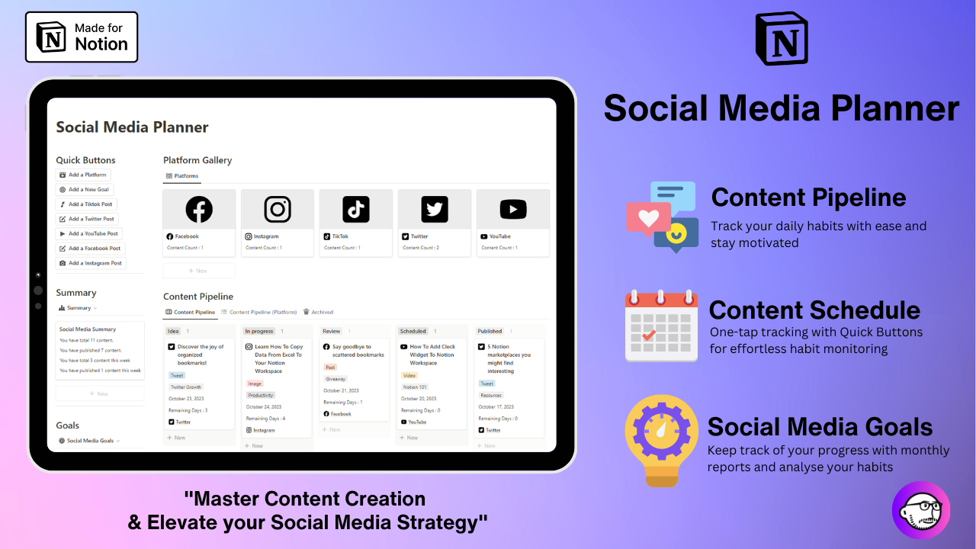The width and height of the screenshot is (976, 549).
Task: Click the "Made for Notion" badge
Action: point(82,37)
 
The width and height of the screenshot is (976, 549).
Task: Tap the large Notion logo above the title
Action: point(781,39)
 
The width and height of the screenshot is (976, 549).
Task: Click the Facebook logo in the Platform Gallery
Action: point(199,209)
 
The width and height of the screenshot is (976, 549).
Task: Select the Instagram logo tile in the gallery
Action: point(278,209)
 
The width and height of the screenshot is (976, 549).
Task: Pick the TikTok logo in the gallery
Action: point(356,209)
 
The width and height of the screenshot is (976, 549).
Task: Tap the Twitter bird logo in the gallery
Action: point(435,209)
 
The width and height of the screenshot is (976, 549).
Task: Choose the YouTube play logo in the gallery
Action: point(513,209)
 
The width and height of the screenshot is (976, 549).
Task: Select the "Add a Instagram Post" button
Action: point(91,263)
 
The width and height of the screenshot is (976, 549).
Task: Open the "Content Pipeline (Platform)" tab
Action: point(258,312)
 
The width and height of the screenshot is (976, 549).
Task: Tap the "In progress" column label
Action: point(259,331)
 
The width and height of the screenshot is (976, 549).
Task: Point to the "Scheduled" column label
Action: point(413,331)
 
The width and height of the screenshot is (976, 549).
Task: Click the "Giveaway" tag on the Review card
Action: point(335,379)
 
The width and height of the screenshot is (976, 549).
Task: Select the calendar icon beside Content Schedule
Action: point(661,326)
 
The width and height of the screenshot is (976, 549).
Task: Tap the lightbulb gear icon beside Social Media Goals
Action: point(661,441)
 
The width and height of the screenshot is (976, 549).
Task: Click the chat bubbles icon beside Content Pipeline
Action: point(662,217)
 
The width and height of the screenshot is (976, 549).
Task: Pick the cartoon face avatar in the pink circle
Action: point(920,510)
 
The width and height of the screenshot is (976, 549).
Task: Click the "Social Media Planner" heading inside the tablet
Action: point(132,127)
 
